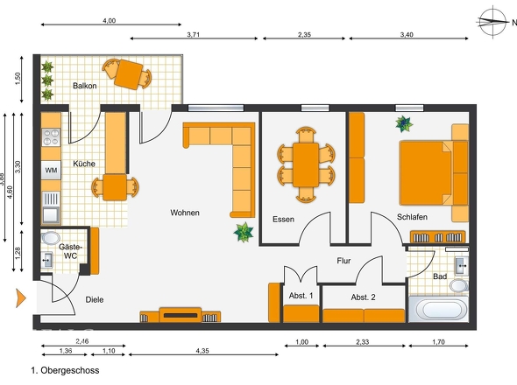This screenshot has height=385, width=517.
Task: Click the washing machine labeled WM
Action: (51, 170)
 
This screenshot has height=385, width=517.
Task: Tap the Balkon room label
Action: (85, 86)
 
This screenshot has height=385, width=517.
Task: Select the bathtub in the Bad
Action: (438, 309)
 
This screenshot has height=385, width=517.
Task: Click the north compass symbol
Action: (492, 22)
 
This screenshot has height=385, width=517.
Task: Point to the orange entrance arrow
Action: (20, 297)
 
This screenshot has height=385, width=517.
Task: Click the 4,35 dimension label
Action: (202, 351)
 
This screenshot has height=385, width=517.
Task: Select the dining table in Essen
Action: (306, 164)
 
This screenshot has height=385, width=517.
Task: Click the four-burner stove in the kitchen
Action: (51, 137)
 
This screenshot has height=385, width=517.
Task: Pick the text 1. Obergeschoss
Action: (66, 370)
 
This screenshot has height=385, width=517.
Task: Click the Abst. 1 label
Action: (301, 296)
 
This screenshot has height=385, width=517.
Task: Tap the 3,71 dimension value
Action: (194, 35)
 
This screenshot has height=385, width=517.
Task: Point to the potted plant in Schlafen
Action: (404, 124)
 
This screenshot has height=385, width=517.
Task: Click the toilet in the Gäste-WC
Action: (51, 238)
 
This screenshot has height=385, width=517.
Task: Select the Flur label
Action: (343, 261)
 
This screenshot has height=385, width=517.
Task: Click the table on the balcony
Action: (129, 74)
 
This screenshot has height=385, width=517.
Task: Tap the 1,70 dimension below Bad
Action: (438, 342)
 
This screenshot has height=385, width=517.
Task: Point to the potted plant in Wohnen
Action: (244, 232)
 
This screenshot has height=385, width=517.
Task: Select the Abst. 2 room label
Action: (363, 297)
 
